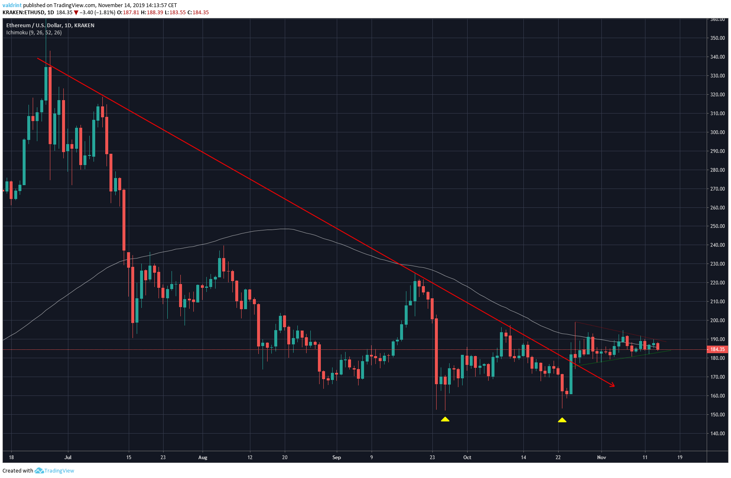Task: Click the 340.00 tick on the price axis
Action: click(x=717, y=57)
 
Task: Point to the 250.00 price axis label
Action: click(x=717, y=226)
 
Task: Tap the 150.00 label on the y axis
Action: click(x=717, y=415)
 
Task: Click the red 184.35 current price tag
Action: click(x=717, y=349)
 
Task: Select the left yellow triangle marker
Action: click(x=445, y=419)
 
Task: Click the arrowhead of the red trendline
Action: click(x=613, y=385)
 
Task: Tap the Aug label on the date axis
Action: click(x=203, y=457)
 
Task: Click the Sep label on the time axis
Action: click(x=336, y=457)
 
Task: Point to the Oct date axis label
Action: click(x=467, y=457)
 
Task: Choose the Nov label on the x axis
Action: click(x=601, y=457)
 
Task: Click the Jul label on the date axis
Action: click(x=68, y=457)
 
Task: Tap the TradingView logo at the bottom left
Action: click(x=55, y=471)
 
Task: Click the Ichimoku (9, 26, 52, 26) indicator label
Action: click(x=34, y=33)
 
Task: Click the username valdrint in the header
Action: click(x=12, y=5)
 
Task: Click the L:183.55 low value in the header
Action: click(x=175, y=13)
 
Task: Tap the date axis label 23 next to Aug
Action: click(x=163, y=457)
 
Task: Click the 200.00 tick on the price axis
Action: click(x=717, y=320)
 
